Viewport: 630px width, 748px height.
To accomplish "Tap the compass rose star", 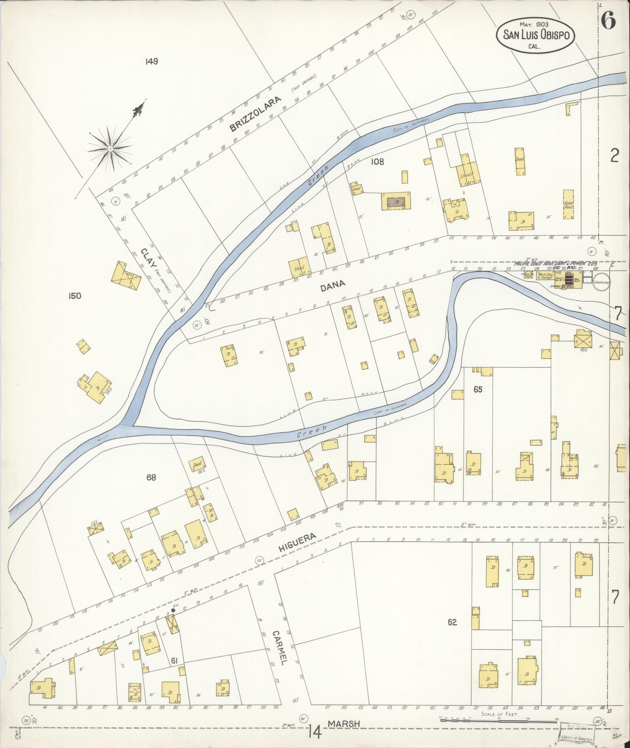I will pyautogui.click(x=111, y=149).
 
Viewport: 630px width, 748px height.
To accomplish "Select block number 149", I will pyautogui.click(x=151, y=61).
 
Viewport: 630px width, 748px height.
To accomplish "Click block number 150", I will pyautogui.click(x=74, y=296).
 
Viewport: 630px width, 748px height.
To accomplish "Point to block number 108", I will pyautogui.click(x=378, y=161).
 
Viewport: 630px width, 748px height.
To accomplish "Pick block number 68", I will pyautogui.click(x=151, y=477).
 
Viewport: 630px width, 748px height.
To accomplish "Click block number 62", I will pyautogui.click(x=452, y=622).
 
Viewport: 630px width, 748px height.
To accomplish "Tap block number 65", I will pyautogui.click(x=478, y=389).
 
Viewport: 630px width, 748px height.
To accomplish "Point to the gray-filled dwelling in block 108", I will pyautogui.click(x=396, y=202).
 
